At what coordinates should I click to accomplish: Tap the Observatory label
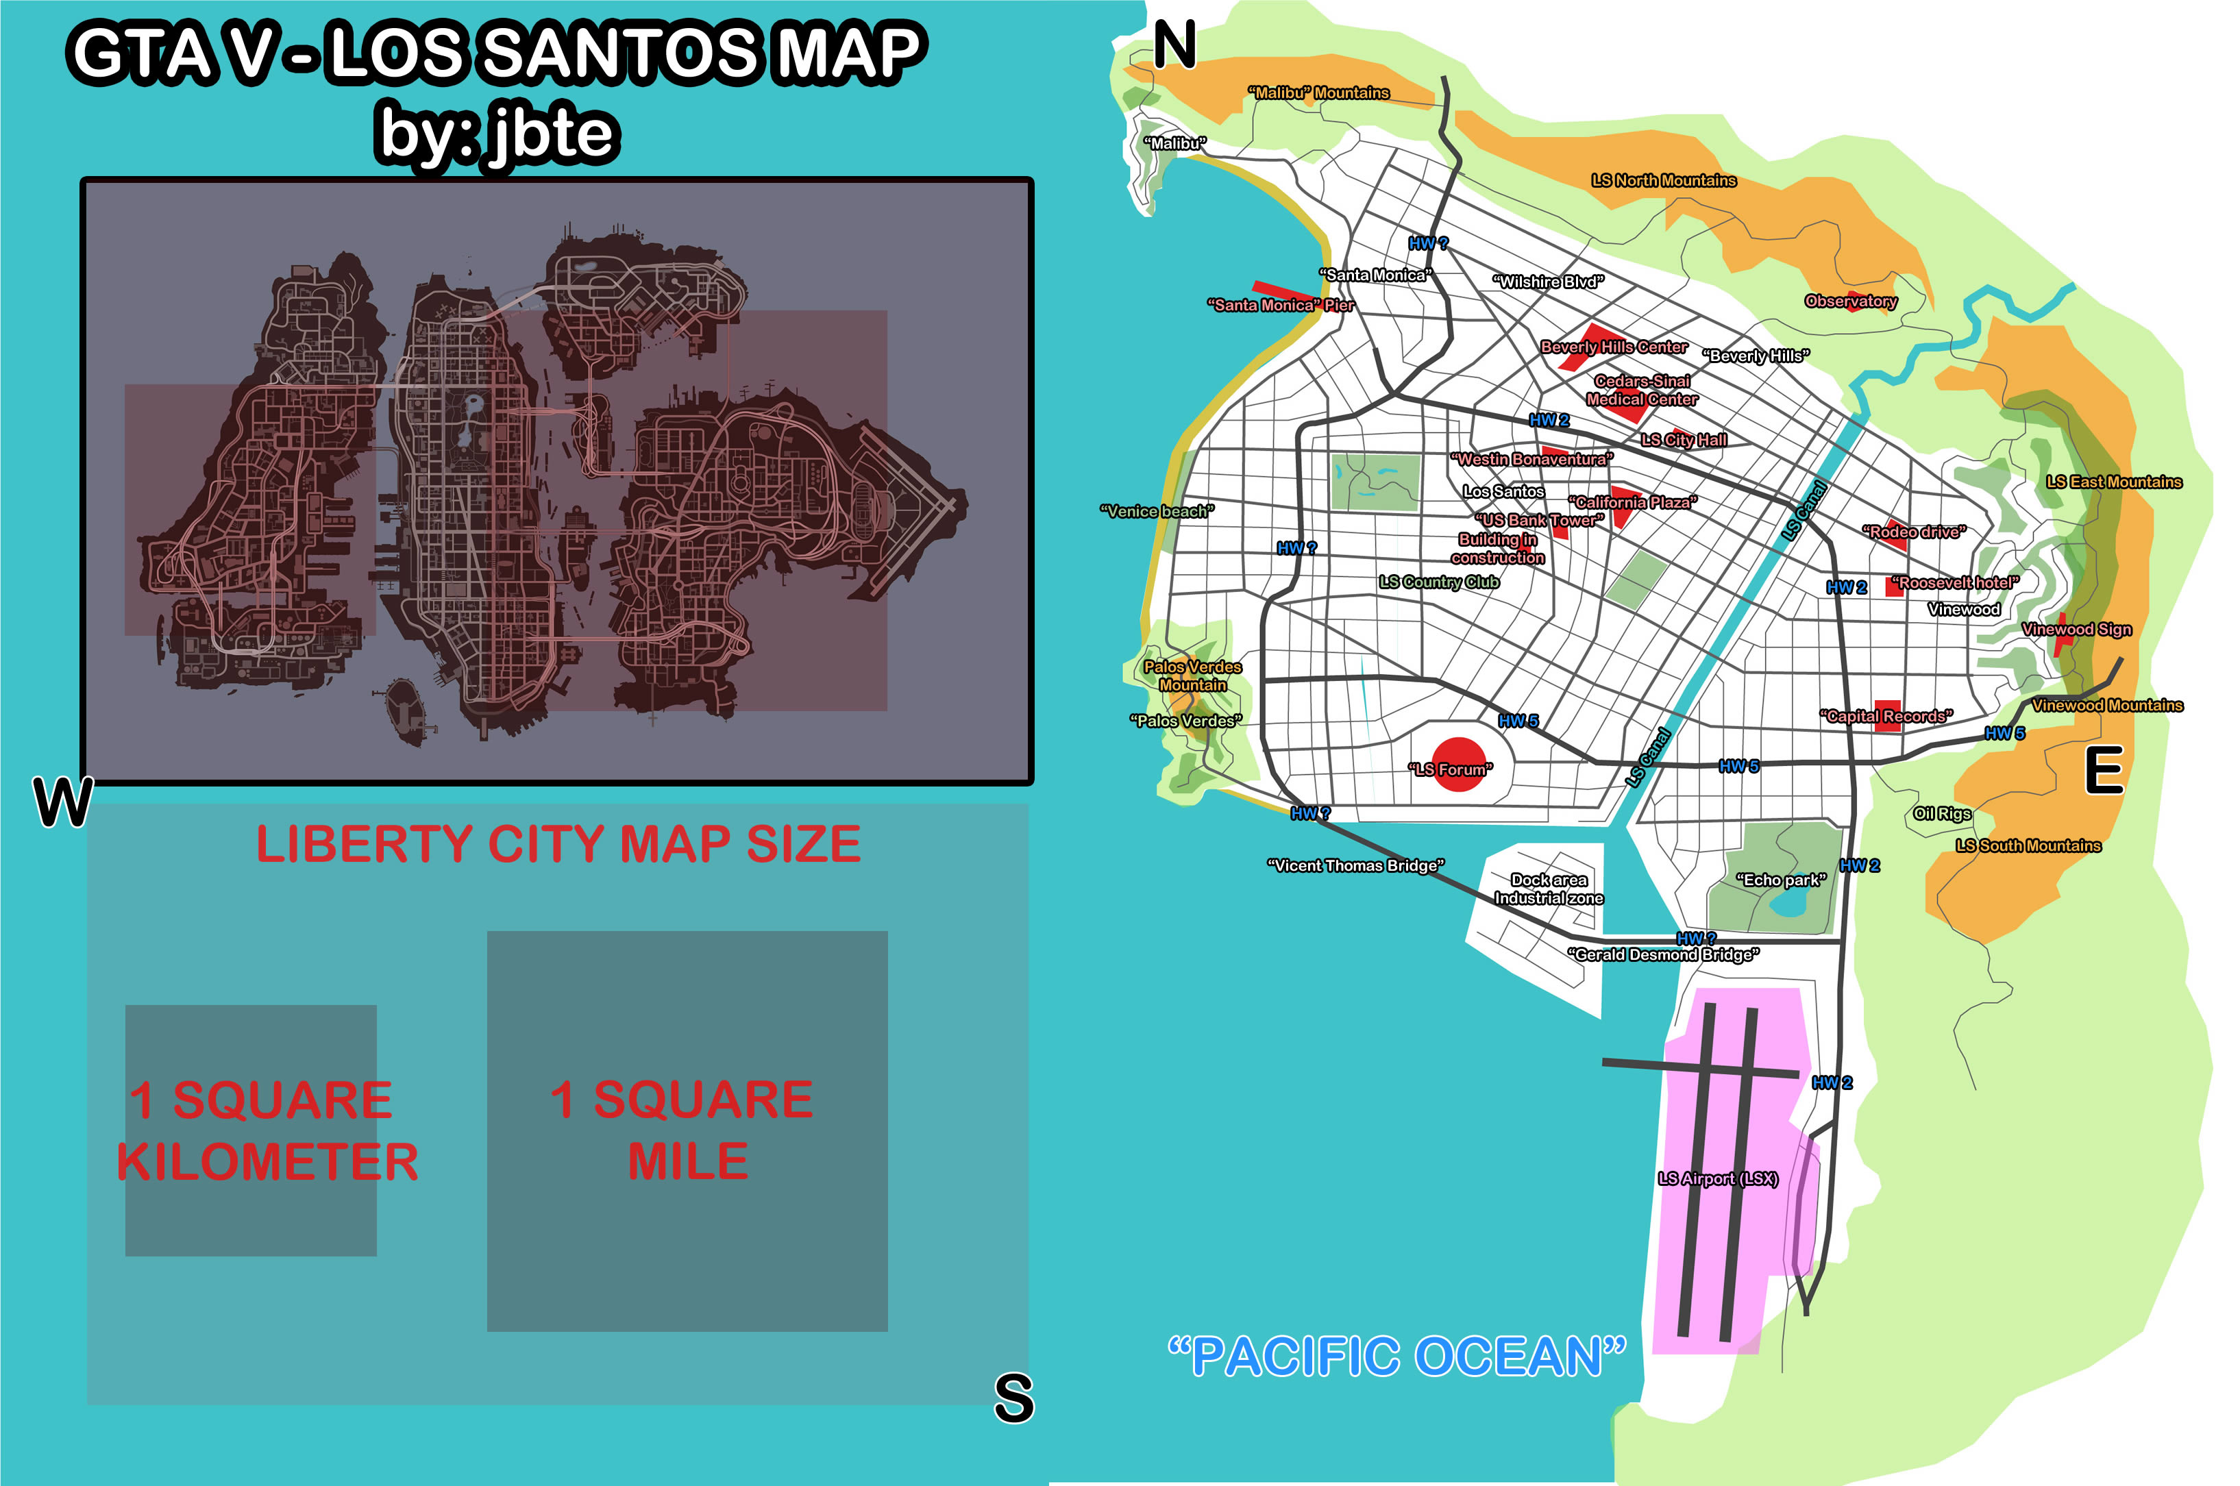[x=1850, y=301]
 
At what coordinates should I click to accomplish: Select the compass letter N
[x=1174, y=45]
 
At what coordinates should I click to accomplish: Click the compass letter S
[x=1013, y=1398]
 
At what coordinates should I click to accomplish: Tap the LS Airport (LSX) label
[x=1718, y=1179]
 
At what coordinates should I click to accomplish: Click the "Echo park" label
[x=1780, y=880]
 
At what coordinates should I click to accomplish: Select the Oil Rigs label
[x=1941, y=813]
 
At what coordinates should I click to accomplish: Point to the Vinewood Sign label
[x=2076, y=630]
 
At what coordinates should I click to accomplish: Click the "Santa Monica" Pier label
[x=1281, y=305]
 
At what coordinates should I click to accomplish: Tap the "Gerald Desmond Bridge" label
[x=1664, y=954]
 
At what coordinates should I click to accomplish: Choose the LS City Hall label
[x=1684, y=440]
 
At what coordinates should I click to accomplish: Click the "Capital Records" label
[x=1886, y=717]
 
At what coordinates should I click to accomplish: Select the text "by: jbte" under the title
[x=497, y=133]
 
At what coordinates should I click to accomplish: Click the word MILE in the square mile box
[x=687, y=1161]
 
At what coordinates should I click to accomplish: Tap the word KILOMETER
[x=267, y=1162]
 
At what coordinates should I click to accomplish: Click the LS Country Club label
[x=1439, y=582]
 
